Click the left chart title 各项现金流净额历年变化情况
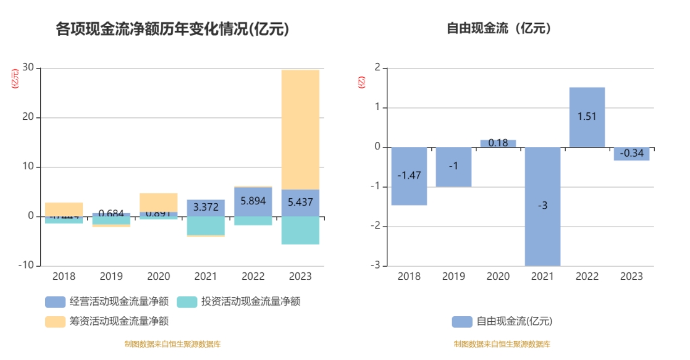tap(172, 29)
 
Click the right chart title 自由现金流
tap(499, 28)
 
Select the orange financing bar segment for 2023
tap(300, 130)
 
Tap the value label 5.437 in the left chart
tap(300, 203)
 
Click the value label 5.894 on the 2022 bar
tap(253, 201)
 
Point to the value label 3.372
tap(206, 207)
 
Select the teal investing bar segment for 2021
tap(206, 225)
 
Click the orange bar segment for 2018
tap(64, 208)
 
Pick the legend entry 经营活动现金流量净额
tap(107, 302)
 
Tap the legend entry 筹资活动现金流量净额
tap(107, 321)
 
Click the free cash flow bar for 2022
tap(587, 117)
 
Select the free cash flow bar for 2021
tap(542, 206)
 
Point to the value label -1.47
tap(409, 176)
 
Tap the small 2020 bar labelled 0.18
tap(498, 143)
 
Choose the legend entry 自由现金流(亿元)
tap(502, 321)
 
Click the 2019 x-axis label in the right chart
tap(453, 276)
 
